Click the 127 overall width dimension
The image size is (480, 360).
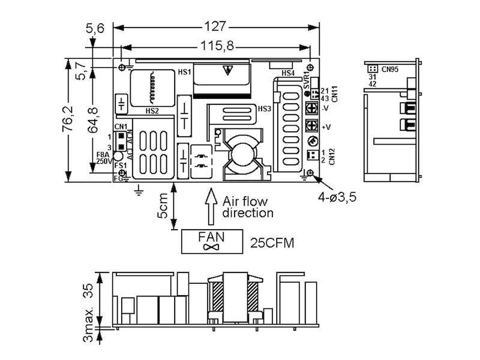point(216,26)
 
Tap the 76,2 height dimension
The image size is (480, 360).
point(71,120)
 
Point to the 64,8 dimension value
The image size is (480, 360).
point(93,120)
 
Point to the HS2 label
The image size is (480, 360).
point(152,111)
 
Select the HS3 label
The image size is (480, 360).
point(264,109)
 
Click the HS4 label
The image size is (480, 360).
point(288,73)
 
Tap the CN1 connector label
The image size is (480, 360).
point(121,127)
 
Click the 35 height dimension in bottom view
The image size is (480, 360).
point(89,292)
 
